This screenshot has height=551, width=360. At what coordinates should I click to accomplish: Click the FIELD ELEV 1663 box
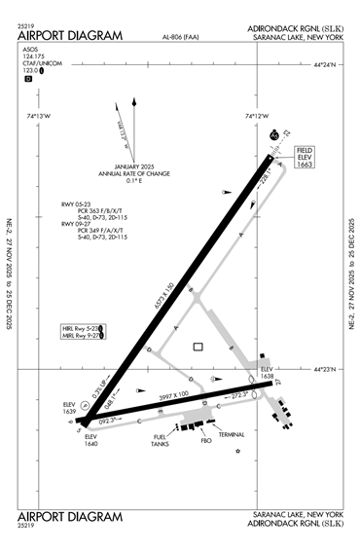coord(305,159)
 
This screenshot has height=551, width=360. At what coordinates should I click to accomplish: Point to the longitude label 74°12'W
coord(257,116)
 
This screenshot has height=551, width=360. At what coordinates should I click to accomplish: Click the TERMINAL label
coord(232,435)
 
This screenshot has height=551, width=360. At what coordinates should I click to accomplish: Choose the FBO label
coord(205,440)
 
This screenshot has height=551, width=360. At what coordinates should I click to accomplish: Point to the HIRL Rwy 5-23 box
coord(82,329)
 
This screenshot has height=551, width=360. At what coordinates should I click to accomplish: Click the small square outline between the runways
coord(198,346)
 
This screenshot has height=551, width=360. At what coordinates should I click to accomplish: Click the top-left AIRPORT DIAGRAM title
coord(70,36)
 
